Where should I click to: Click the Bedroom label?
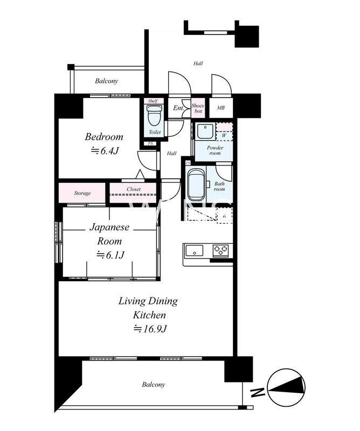[104, 137]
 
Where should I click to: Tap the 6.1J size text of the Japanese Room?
[110, 255]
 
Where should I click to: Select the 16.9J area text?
[150, 329]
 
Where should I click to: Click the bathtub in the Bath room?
[196, 185]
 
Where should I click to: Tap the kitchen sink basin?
[195, 251]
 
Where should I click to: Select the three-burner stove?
[220, 251]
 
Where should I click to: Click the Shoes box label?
[198, 108]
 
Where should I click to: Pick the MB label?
[221, 108]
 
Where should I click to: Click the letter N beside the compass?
[257, 392]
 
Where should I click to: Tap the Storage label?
[82, 193]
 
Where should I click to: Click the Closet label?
[134, 189]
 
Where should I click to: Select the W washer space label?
[224, 135]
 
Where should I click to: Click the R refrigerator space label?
[224, 216]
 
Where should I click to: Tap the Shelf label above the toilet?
[153, 101]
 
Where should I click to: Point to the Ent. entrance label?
[178, 108]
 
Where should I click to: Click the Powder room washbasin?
[205, 132]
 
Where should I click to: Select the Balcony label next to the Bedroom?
[106, 81]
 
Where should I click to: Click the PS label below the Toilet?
[150, 143]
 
